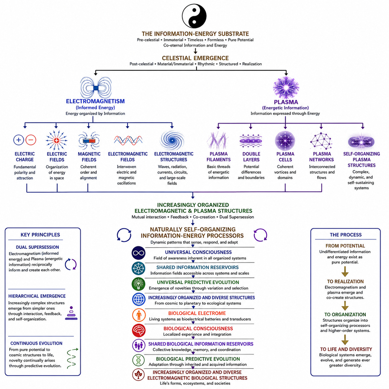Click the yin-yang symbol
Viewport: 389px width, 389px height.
[194, 16]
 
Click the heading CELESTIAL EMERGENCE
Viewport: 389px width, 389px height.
[195, 58]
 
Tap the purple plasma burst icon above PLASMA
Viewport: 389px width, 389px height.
[286, 87]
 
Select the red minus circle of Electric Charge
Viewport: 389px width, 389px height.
[31, 140]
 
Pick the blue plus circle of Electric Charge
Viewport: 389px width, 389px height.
[19, 140]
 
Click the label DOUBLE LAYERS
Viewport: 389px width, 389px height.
[251, 157]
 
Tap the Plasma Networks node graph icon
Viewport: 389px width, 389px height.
[321, 141]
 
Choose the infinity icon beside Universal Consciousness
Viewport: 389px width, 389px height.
[138, 253]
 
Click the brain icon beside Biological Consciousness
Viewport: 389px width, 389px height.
[139, 330]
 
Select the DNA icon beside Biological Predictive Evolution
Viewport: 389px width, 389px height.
[138, 360]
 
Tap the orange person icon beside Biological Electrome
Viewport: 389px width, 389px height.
[139, 315]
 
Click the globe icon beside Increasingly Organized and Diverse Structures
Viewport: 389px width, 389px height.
[139, 299]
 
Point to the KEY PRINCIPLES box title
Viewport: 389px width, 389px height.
[40, 235]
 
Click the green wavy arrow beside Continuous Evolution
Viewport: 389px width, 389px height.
[72, 358]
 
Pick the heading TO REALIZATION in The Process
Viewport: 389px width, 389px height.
[345, 281]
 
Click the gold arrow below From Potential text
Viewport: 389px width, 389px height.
[345, 271]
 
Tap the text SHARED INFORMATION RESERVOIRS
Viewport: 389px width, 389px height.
[197, 267]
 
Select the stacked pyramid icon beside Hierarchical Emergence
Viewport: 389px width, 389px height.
[71, 313]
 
